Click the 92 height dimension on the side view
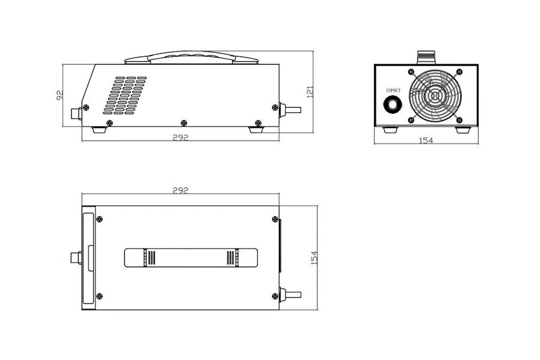[60, 95]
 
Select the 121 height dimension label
[310, 91]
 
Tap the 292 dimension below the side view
[181, 137]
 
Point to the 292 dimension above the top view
[181, 190]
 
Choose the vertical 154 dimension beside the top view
[313, 257]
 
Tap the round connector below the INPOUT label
[394, 104]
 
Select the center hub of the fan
[435, 95]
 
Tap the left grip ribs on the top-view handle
[150, 258]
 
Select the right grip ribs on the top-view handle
[230, 258]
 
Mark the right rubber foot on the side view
[257, 128]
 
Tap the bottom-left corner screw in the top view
[99, 295]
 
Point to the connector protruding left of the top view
[74, 258]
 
